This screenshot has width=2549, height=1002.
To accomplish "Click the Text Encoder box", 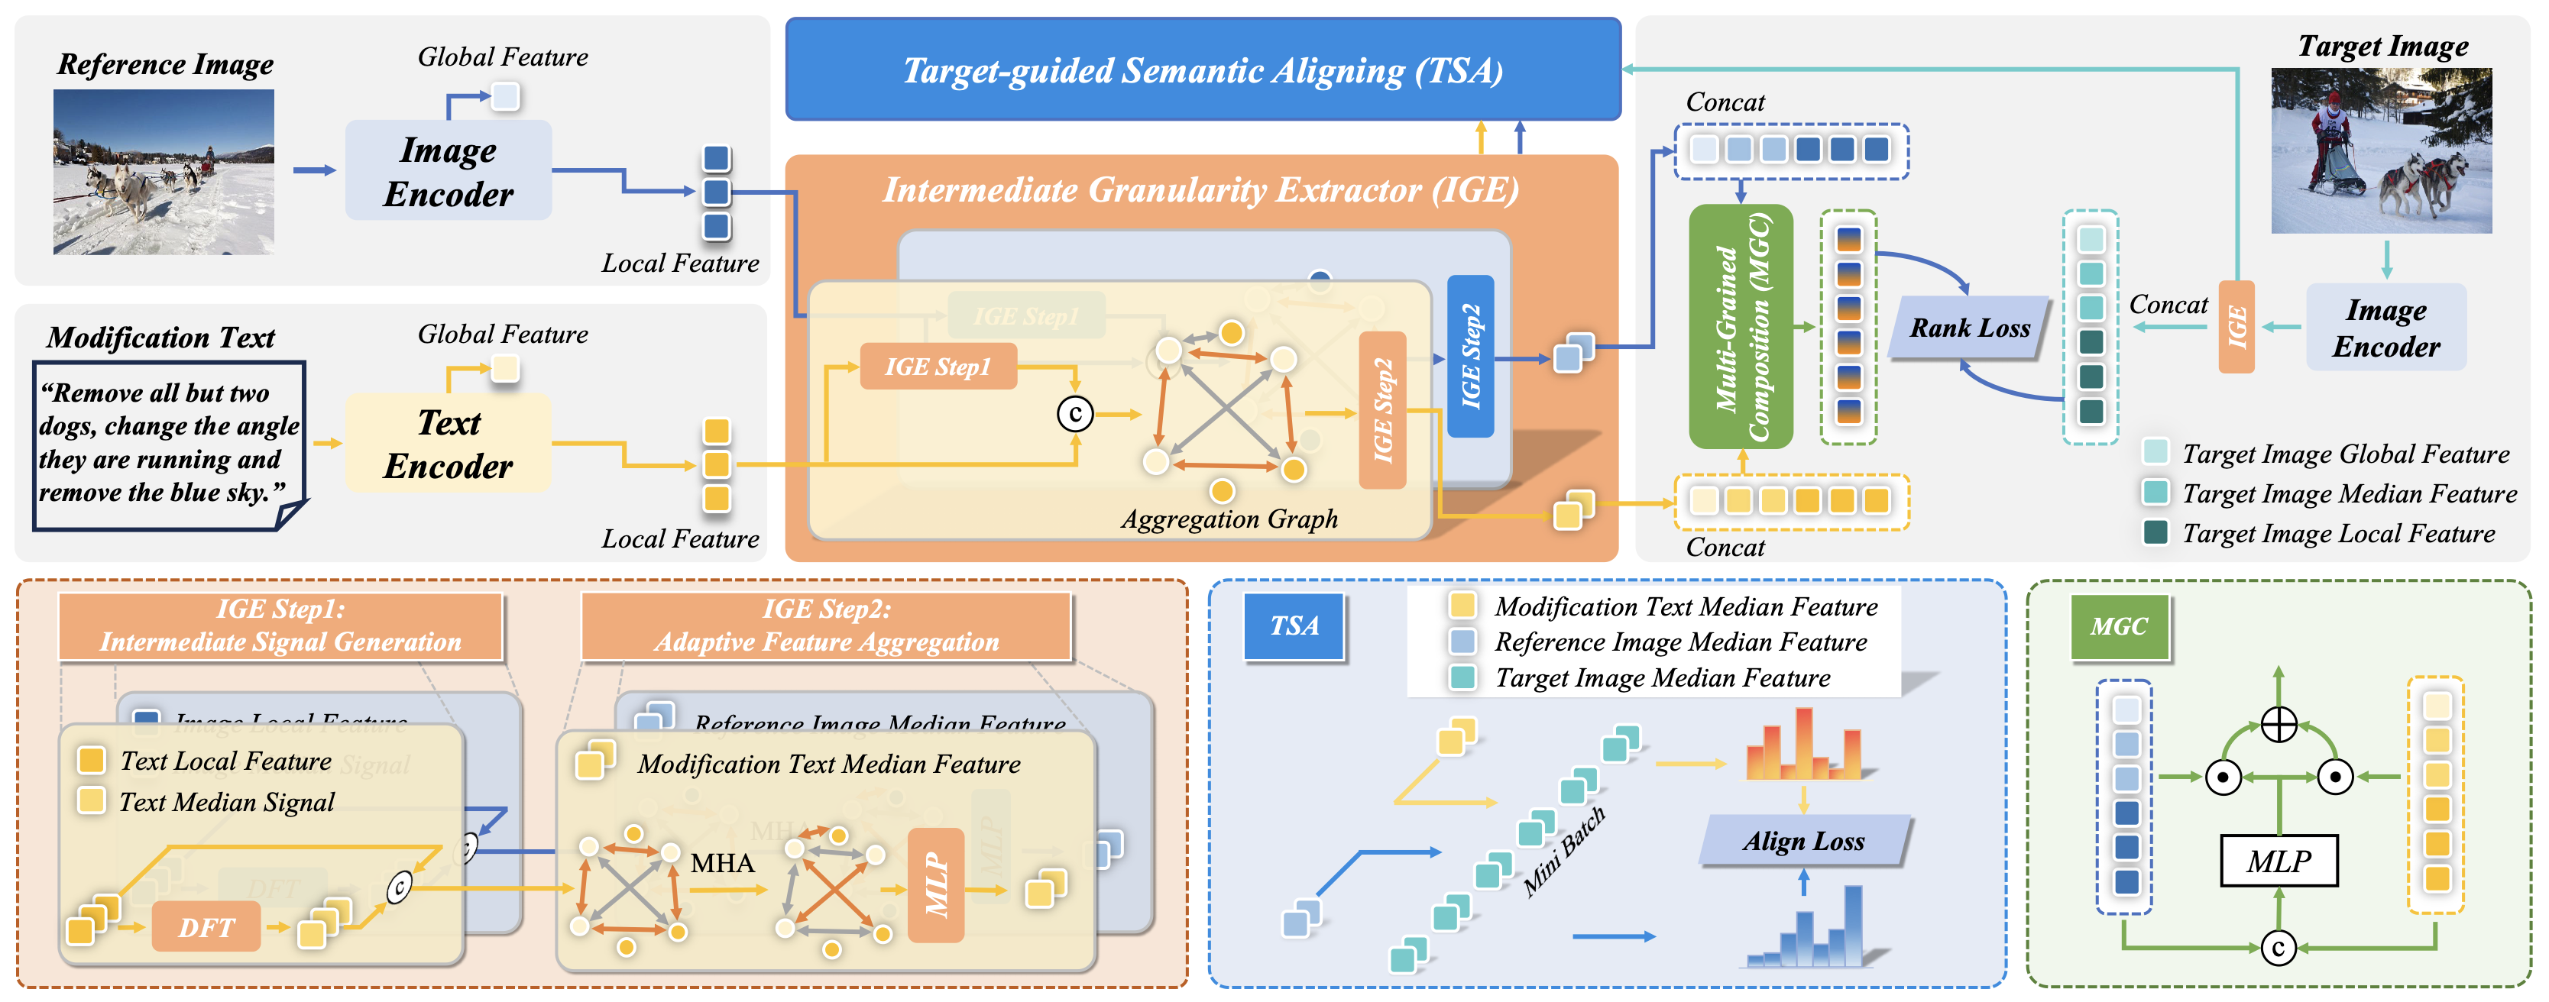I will (449, 443).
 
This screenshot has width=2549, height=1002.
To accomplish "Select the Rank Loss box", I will (1968, 328).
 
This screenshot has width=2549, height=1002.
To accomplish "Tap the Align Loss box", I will (1803, 842).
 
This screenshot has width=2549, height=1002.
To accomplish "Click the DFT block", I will (206, 927).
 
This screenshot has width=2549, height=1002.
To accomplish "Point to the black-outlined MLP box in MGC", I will (2278, 861).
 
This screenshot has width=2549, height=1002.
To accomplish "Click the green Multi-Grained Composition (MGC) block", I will (1741, 326).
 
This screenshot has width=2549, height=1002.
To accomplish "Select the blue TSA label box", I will (1294, 625).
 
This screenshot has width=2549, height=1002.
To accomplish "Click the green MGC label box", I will (2119, 626).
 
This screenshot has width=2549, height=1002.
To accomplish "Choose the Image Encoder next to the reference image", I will (449, 171).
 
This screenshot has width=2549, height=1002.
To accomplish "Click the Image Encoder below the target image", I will (2385, 328).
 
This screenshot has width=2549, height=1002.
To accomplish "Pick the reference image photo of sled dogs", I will (164, 172).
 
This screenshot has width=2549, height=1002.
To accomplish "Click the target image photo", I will (2381, 150).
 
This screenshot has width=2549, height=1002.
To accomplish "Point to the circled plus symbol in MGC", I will (2279, 724).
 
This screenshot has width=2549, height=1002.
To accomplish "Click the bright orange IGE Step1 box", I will (937, 367).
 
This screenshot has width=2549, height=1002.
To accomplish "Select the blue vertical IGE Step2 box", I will (1470, 356).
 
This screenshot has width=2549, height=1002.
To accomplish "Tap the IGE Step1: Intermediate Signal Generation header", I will (281, 625).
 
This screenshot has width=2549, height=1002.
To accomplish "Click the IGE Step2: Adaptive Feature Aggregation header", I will (826, 625).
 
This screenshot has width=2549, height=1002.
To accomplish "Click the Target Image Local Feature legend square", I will (2155, 532).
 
